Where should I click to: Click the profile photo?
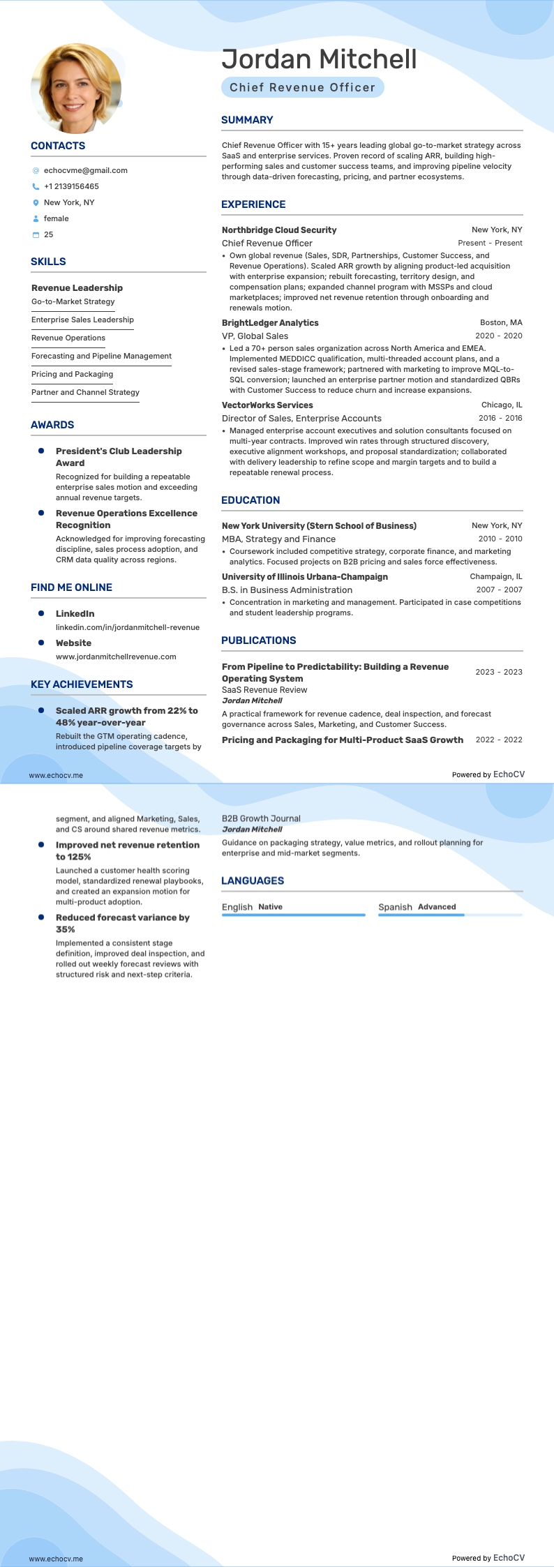coord(76,89)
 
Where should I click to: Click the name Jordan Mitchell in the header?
coord(319,60)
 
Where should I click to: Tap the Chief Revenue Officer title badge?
coord(302,87)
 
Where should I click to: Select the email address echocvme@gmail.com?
coord(85,170)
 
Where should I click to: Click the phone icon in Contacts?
coord(36,186)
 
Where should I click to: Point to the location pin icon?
coord(36,202)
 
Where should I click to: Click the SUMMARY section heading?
coord(247,120)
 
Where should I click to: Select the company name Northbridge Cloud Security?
coord(279,230)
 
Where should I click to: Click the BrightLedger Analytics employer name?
coord(270,323)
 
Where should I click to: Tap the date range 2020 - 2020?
coord(498,336)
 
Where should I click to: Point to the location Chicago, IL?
coord(501,405)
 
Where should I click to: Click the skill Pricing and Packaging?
coord(72,374)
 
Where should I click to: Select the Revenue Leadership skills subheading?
coord(77,287)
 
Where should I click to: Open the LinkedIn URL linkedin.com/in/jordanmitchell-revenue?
coord(127,627)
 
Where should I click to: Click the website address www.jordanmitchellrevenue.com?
coord(116,657)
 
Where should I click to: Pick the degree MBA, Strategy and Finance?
coord(278,539)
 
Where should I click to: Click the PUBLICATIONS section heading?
coord(258,640)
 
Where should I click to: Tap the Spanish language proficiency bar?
coord(450,915)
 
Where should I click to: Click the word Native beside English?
coord(270,907)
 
